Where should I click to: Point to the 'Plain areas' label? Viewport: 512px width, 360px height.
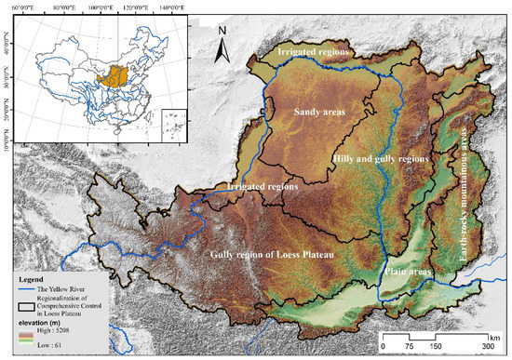(x=403, y=273)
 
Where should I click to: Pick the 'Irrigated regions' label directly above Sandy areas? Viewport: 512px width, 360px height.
(x=313, y=52)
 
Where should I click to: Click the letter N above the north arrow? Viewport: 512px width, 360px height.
(x=222, y=30)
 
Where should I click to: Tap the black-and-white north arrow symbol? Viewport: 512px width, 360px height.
(x=222, y=51)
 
